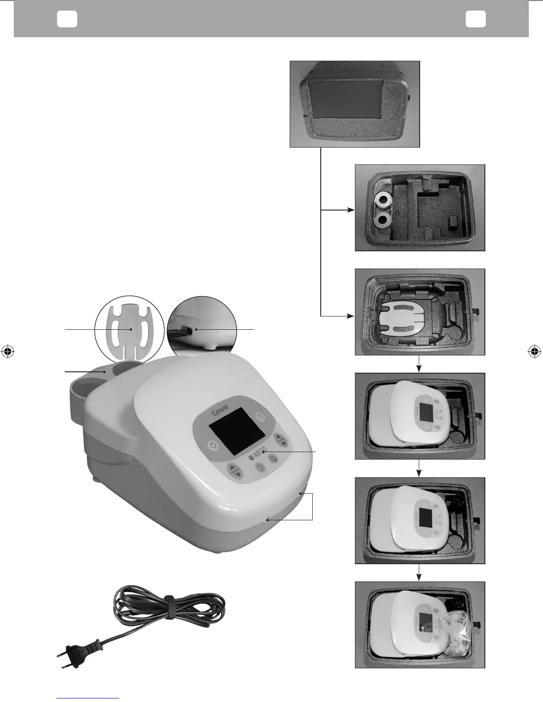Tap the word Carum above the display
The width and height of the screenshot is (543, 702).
(220, 411)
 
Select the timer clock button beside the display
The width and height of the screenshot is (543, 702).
(261, 417)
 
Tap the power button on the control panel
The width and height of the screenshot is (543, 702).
(260, 467)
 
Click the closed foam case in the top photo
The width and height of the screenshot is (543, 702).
(354, 104)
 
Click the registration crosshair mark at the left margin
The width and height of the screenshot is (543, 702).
(7, 351)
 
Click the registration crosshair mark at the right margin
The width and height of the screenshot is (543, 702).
(535, 351)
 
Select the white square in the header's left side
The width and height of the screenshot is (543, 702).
(67, 19)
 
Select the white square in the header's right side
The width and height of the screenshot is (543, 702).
(476, 19)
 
